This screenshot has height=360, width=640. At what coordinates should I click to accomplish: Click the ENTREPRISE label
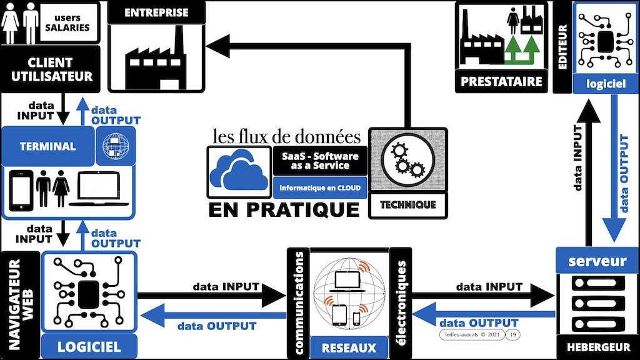pyautogui.click(x=157, y=13)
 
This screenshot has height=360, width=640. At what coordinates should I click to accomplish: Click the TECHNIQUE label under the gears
pyautogui.click(x=407, y=204)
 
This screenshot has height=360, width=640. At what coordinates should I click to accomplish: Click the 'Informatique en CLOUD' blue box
pyautogui.click(x=319, y=186)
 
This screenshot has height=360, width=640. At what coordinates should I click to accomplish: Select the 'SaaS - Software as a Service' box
pyautogui.click(x=319, y=161)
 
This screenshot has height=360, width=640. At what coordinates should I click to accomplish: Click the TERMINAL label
pyautogui.click(x=47, y=147)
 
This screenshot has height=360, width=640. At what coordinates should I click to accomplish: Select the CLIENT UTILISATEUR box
pyautogui.click(x=50, y=70)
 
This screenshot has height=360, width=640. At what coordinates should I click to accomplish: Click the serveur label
pyautogui.click(x=597, y=261)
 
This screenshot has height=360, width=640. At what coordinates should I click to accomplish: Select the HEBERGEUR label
pyautogui.click(x=597, y=346)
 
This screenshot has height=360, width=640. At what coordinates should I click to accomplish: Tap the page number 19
pyautogui.click(x=513, y=336)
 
